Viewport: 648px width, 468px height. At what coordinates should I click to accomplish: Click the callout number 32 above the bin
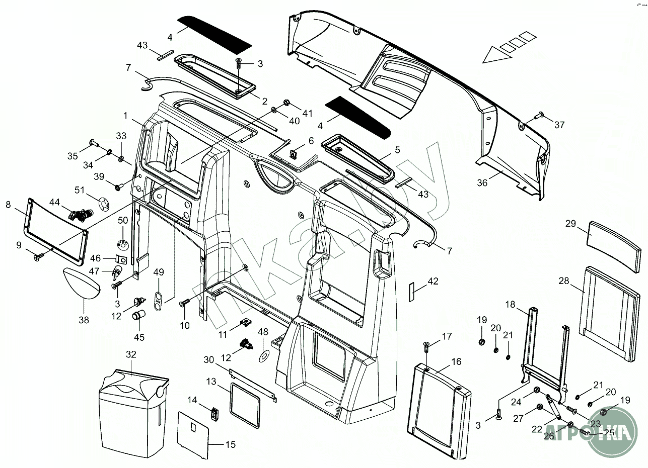131,354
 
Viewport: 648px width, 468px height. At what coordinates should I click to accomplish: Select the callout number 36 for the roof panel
482,183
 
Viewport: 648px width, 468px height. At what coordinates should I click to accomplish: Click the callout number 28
563,280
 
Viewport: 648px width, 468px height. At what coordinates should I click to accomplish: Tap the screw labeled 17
426,347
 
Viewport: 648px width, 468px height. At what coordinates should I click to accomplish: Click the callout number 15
230,444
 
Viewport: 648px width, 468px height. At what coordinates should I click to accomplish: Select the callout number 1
126,116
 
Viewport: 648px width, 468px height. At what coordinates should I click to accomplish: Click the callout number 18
511,304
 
